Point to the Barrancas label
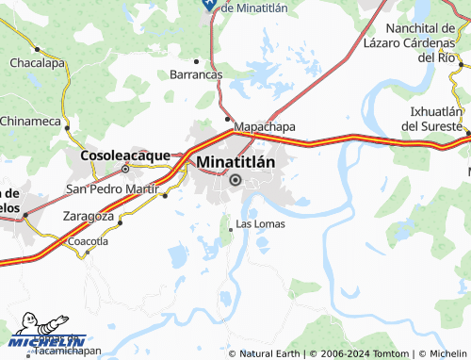pos(195,74)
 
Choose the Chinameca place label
pos(30,121)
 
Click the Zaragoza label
pos(88,216)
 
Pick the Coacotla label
pos(89,241)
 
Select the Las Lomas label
pos(259,224)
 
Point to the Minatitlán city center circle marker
pos(235,180)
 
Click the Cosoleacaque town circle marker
pos(124,170)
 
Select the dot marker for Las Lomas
pos(232,229)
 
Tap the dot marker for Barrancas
pos(197,57)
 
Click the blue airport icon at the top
pos(208,5)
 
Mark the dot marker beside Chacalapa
pos(37,48)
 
